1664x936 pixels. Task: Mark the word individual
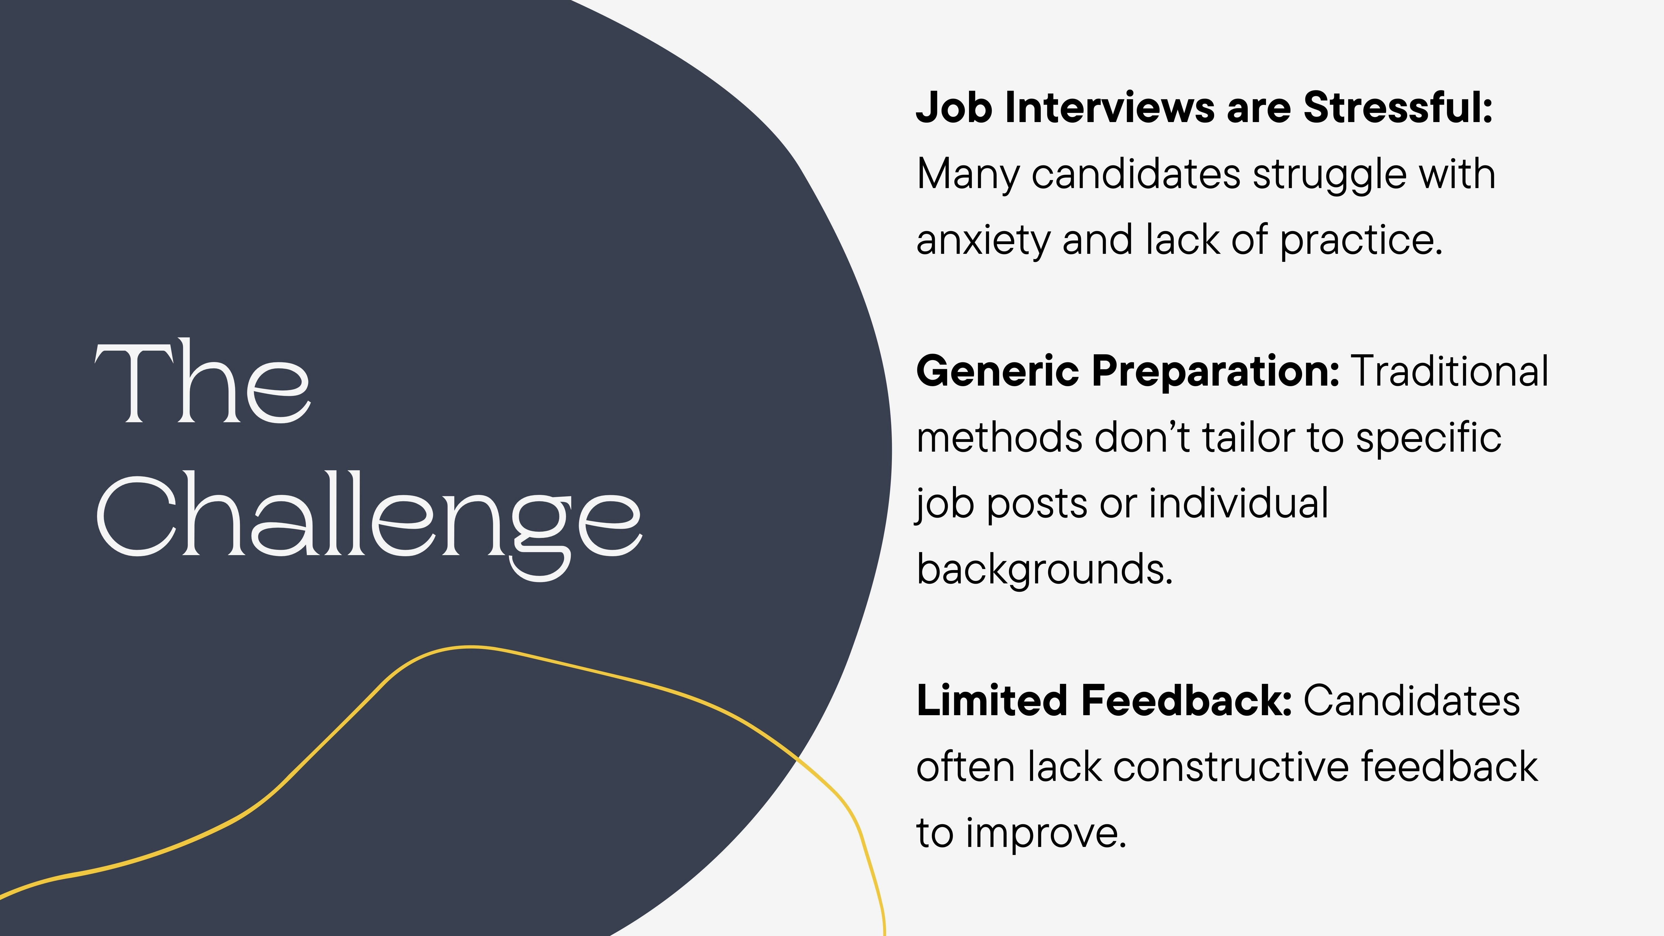[x=1238, y=503]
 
